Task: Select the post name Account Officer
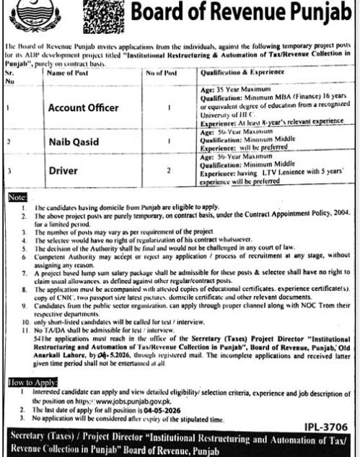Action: tap(83, 108)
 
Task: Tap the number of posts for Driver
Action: tap(168, 172)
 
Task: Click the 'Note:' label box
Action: tap(17, 196)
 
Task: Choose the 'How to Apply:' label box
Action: tap(32, 378)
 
